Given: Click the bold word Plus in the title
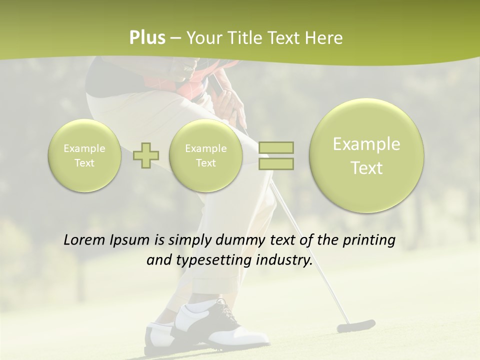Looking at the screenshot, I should (147, 38).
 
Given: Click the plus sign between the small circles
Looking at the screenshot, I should (146, 155).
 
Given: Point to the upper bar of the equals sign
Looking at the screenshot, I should (276, 147).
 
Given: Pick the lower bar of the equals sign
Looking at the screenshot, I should (276, 163).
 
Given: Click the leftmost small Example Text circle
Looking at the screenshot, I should (84, 155).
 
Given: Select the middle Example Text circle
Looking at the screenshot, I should (205, 155).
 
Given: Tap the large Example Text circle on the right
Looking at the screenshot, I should (366, 155).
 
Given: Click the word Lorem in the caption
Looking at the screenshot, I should (84, 240).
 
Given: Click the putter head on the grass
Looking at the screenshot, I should (355, 326).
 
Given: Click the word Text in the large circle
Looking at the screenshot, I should (366, 168).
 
